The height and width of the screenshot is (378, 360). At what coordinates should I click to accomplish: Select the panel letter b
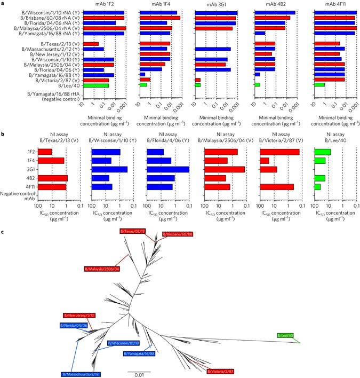(4, 128)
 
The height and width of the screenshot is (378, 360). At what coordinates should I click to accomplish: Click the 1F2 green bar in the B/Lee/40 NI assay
(322, 152)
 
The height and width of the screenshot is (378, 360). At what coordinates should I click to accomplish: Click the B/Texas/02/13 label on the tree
(133, 231)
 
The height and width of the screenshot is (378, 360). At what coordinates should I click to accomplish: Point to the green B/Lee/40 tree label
(285, 336)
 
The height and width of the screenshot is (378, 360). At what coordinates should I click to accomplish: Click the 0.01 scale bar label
(139, 375)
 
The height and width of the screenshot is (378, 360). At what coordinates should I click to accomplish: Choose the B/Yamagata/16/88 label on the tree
(139, 353)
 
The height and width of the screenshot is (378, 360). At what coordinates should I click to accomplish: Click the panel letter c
(4, 231)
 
